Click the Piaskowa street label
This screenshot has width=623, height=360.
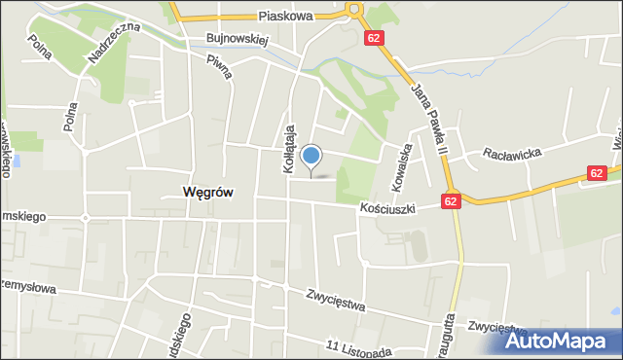[x=286, y=17]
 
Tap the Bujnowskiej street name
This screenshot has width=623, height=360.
[x=236, y=40]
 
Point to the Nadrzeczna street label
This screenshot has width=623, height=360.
[x=113, y=44]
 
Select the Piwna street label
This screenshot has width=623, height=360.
[x=218, y=74]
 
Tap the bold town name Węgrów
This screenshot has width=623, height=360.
[x=207, y=193]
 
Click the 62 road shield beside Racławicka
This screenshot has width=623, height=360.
[x=598, y=172]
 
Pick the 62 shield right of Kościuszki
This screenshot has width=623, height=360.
[x=450, y=200]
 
